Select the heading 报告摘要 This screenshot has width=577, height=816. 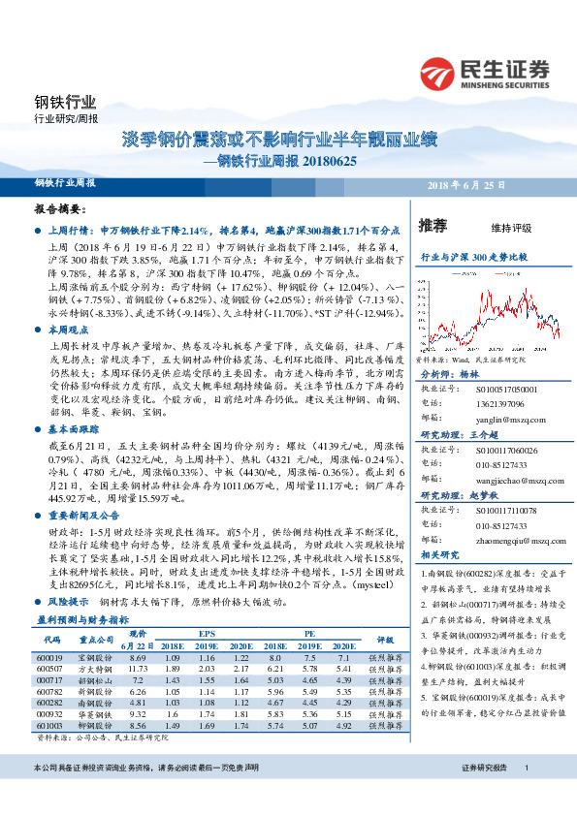(60, 208)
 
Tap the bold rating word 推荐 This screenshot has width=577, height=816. (433, 227)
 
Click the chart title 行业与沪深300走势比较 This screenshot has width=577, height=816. (472, 259)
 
